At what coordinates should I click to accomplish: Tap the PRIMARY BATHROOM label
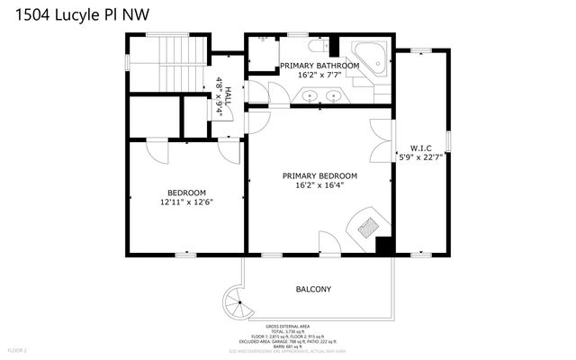click(x=317, y=67)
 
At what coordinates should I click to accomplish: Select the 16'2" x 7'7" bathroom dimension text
click(x=317, y=76)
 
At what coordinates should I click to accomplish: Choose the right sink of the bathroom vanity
click(x=334, y=94)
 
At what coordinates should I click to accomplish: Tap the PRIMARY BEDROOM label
click(x=319, y=175)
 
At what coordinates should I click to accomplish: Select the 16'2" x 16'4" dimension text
click(x=319, y=186)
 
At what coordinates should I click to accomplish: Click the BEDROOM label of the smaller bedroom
click(x=187, y=193)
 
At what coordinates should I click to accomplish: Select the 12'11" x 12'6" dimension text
click(x=187, y=203)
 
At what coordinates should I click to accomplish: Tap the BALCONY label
click(x=314, y=289)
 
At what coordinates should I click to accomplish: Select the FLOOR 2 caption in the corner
click(x=19, y=349)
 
